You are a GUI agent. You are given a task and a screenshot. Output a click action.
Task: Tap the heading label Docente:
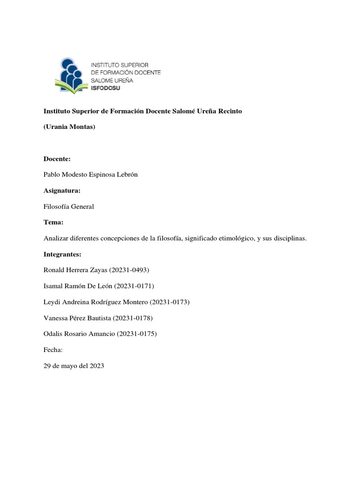[57, 159]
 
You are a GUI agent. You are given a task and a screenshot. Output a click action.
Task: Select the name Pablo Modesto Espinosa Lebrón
[90, 175]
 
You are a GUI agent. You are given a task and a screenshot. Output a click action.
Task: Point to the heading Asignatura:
[62, 191]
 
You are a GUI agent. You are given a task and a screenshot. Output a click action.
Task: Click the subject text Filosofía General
[69, 207]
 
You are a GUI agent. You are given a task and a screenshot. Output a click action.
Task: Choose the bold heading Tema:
[53, 223]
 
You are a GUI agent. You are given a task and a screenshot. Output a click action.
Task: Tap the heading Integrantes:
[62, 255]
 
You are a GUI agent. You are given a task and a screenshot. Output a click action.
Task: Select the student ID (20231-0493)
[136, 270]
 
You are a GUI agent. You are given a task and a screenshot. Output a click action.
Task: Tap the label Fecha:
[53, 350]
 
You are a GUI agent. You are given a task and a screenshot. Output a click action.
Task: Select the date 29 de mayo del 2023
[74, 366]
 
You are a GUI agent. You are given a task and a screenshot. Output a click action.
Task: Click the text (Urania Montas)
[69, 127]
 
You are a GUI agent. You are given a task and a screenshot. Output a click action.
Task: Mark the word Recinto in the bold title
[229, 111]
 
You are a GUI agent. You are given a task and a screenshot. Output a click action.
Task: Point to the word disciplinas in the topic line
[290, 239]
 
